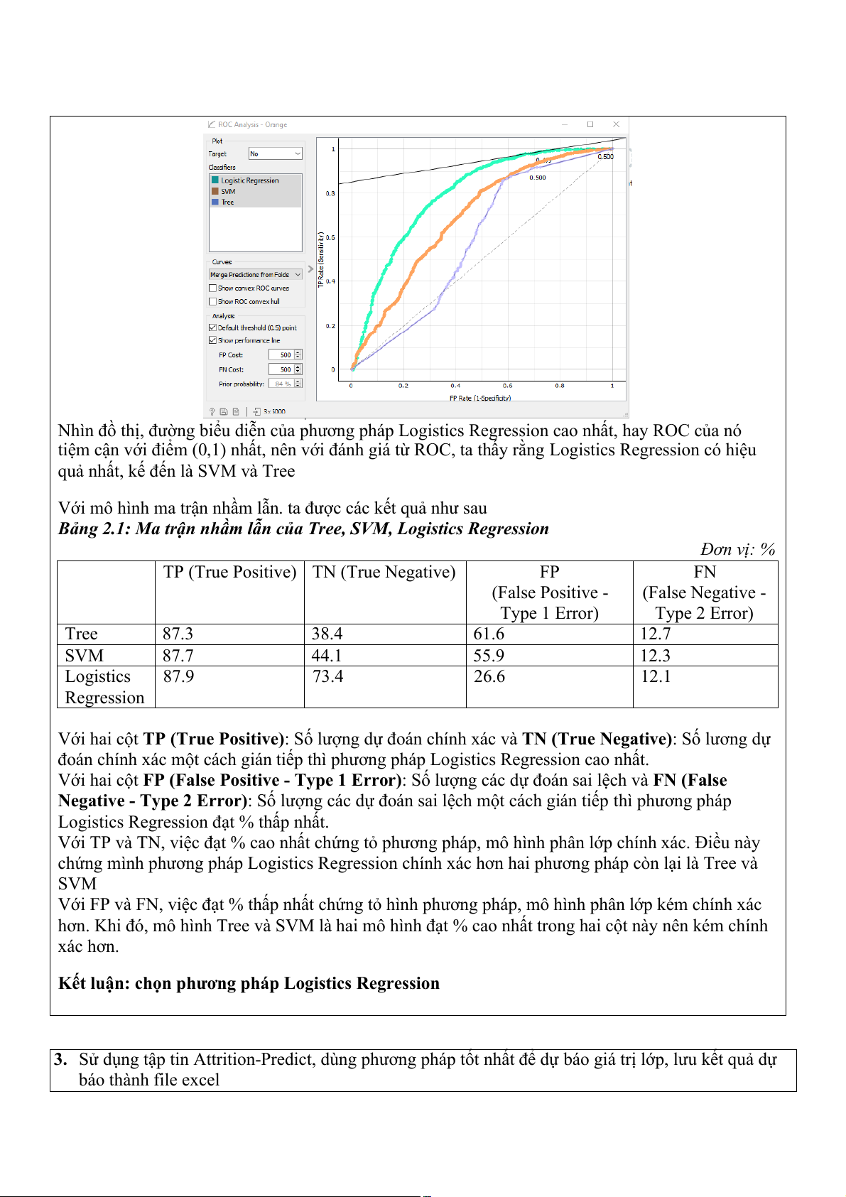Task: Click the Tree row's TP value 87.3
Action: pyautogui.click(x=178, y=634)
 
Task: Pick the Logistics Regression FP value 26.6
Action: pyautogui.click(x=489, y=676)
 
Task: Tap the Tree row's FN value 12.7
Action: pyautogui.click(x=655, y=634)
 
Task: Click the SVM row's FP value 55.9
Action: pyautogui.click(x=489, y=656)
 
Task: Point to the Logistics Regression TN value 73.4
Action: pyautogui.click(x=327, y=676)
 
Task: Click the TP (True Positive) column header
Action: pyautogui.click(x=229, y=572)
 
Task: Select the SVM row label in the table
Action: pyautogui.click(x=84, y=656)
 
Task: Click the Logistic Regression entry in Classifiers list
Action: pyautogui.click(x=249, y=180)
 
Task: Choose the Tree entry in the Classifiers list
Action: pyautogui.click(x=227, y=202)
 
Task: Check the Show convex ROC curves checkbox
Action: pyautogui.click(x=212, y=288)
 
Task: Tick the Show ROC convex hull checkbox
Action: pyautogui.click(x=212, y=302)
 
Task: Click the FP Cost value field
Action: pyautogui.click(x=282, y=355)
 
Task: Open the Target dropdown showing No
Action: pyautogui.click(x=275, y=153)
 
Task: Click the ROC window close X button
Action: pyautogui.click(x=616, y=124)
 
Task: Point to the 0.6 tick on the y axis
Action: pyautogui.click(x=331, y=237)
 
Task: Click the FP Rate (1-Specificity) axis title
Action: pyautogui.click(x=480, y=398)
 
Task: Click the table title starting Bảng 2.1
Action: pyautogui.click(x=303, y=529)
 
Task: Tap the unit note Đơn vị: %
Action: pyautogui.click(x=737, y=549)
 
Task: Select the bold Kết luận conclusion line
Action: pyautogui.click(x=249, y=983)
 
